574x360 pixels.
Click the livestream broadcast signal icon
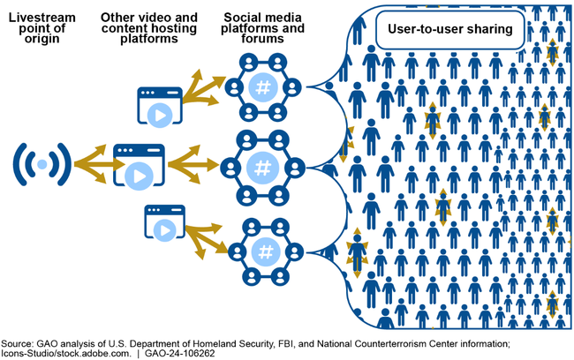pos(42,164)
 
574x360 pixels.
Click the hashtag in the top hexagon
pos(262,87)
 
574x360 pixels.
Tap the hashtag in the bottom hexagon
pos(264,250)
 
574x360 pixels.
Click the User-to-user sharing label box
pos(450,29)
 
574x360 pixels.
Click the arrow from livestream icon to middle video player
pos(91,164)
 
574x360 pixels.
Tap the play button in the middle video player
pos(139,174)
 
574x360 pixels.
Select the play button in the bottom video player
pos(163,229)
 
